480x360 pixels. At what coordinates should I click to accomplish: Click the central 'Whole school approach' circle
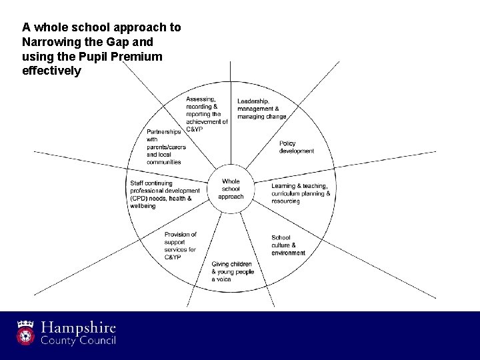[x=231, y=189]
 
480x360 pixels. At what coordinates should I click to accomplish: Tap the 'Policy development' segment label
[x=297, y=147]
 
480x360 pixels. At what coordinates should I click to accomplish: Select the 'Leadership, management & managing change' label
[x=262, y=109]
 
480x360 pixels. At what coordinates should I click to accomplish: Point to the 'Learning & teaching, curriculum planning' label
[x=300, y=193]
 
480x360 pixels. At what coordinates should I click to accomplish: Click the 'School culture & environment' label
[x=288, y=245]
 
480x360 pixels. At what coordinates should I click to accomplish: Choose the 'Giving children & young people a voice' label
[x=233, y=271]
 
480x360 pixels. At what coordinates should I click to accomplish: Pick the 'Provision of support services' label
[x=180, y=245]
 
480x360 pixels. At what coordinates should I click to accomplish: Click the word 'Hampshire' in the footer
[x=79, y=328]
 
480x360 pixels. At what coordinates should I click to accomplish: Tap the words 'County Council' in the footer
[x=79, y=341]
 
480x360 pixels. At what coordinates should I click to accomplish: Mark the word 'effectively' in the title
[x=51, y=71]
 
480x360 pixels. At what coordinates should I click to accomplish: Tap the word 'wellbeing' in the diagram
[x=143, y=206]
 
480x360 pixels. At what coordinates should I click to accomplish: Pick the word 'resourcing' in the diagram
[x=285, y=201]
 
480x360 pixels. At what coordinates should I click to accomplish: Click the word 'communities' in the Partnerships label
[x=164, y=162]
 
